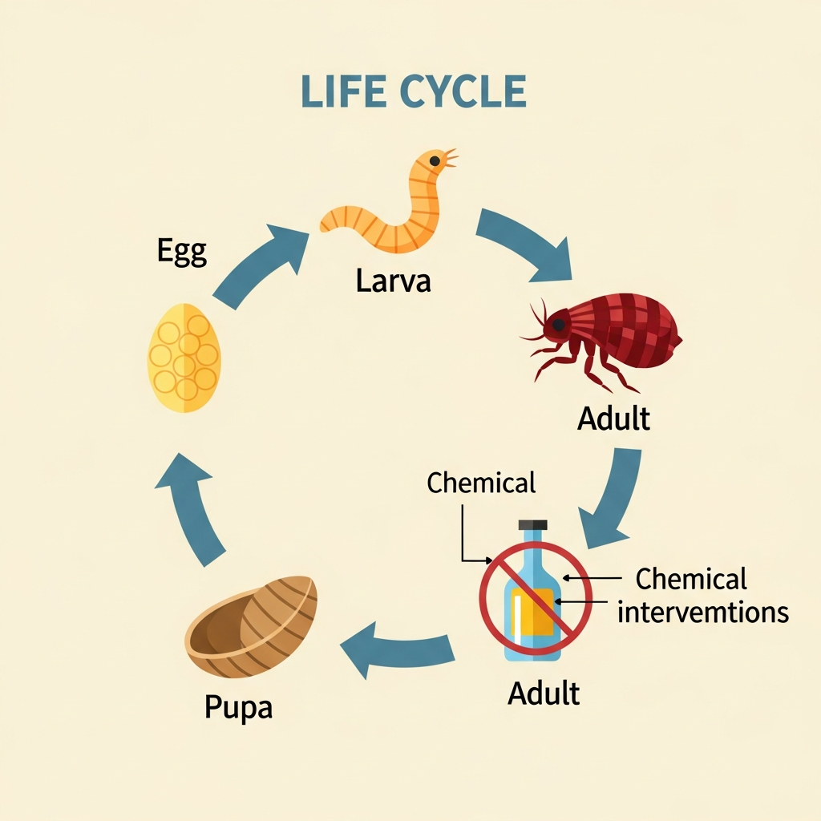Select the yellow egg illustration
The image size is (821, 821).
coord(184,358)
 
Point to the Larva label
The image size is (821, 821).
coord(394,281)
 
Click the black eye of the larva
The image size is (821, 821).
coord(435,161)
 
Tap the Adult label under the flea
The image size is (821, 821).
coord(613,419)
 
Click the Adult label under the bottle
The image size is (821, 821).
coord(544,693)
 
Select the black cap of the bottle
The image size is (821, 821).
coord(532,525)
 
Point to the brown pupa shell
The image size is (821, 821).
coord(253,626)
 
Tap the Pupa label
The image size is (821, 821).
coord(238,707)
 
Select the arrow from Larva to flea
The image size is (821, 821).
coord(525,245)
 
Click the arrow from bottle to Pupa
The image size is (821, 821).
coord(393,645)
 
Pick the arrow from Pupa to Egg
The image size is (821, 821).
coord(192,505)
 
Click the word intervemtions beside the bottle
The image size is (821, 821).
coord(703,613)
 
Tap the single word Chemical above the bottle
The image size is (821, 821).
coord(481,483)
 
